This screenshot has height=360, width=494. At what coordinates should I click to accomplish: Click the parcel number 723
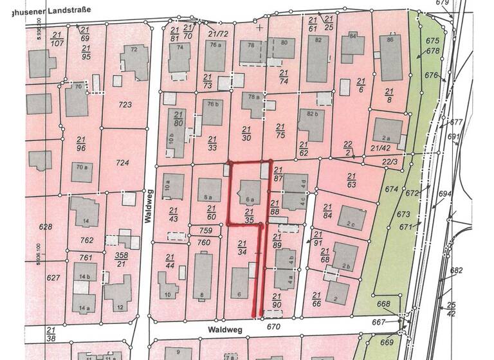point(125,105)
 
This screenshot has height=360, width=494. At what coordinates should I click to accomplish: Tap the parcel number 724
point(122,163)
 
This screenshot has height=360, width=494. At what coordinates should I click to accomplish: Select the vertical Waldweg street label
point(148,210)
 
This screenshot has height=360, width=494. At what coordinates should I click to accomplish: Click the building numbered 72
point(134,59)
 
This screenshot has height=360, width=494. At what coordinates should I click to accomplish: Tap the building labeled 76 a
point(215,55)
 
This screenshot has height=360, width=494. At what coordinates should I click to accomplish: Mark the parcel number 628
point(45,228)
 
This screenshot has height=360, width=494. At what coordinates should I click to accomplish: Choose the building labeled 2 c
point(351,218)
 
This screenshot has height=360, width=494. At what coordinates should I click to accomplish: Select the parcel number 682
point(456,271)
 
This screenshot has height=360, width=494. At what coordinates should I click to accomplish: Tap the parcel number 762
point(87,241)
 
